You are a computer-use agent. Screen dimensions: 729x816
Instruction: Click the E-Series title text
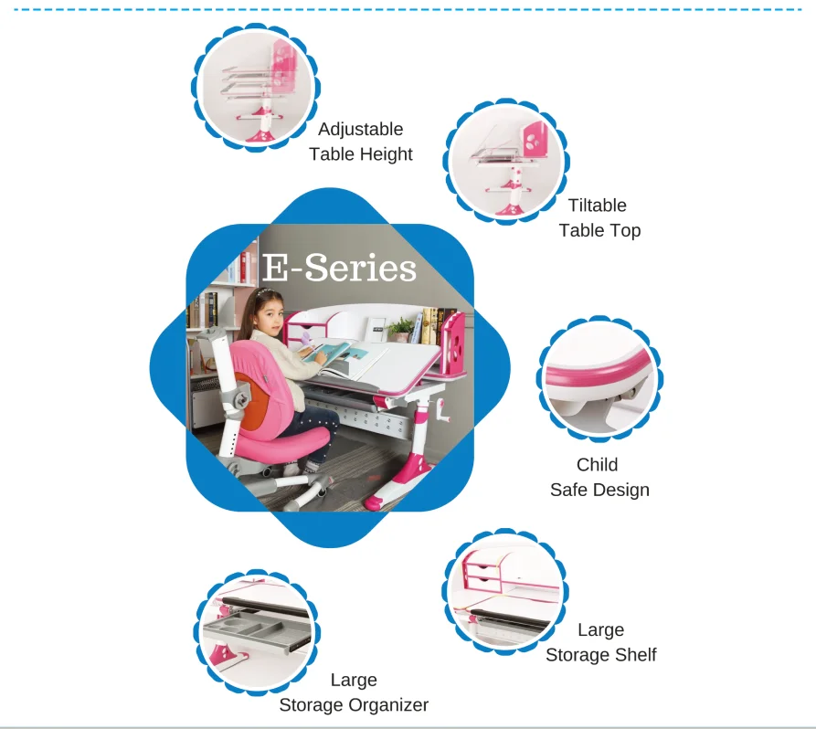click(x=339, y=268)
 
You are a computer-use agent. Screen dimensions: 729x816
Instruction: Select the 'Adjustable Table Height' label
click(x=361, y=142)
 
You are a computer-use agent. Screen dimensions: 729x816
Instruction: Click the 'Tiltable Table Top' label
click(x=599, y=217)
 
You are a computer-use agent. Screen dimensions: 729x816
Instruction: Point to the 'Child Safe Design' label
click(x=599, y=477)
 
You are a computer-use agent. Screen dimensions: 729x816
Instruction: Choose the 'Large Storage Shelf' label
click(x=600, y=642)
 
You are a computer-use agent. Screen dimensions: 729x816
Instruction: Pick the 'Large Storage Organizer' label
click(x=354, y=692)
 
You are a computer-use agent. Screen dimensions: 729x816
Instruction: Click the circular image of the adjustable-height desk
click(x=256, y=84)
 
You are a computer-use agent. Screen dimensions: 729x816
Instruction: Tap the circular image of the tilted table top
click(x=508, y=162)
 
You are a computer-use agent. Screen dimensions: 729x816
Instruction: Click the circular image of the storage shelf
click(x=505, y=590)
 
